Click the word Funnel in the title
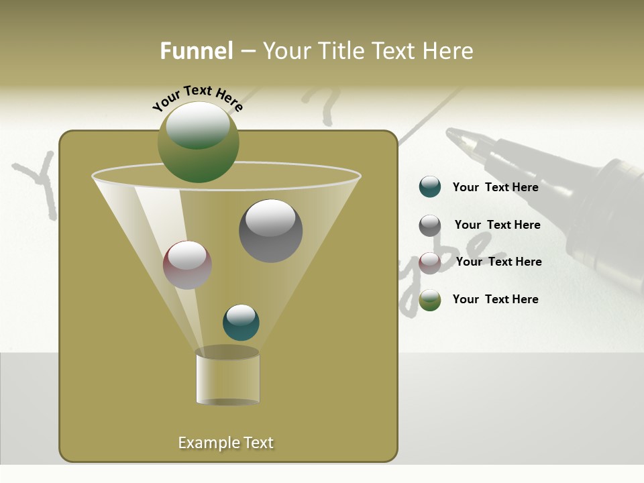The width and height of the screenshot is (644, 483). [x=196, y=51]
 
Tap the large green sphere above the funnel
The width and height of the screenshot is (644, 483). [x=198, y=142]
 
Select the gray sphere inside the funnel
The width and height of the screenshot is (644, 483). [x=270, y=230]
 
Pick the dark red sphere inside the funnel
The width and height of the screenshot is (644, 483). [x=187, y=265]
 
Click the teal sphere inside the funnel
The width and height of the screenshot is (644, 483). [x=241, y=322]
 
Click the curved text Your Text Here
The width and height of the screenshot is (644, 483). [x=197, y=97]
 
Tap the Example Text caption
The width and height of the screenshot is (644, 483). [x=225, y=443]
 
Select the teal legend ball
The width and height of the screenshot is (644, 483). [x=430, y=187]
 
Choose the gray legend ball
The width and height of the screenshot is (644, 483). [x=430, y=225]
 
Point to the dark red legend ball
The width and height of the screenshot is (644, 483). [x=430, y=262]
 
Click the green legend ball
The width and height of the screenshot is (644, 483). [x=430, y=300]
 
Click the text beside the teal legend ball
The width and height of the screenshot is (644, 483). [x=495, y=187]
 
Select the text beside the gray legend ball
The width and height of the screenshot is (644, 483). [x=497, y=225]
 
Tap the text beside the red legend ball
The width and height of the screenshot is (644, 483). [x=498, y=262]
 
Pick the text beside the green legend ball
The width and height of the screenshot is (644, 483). [x=495, y=299]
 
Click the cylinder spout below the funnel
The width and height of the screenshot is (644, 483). [x=227, y=377]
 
